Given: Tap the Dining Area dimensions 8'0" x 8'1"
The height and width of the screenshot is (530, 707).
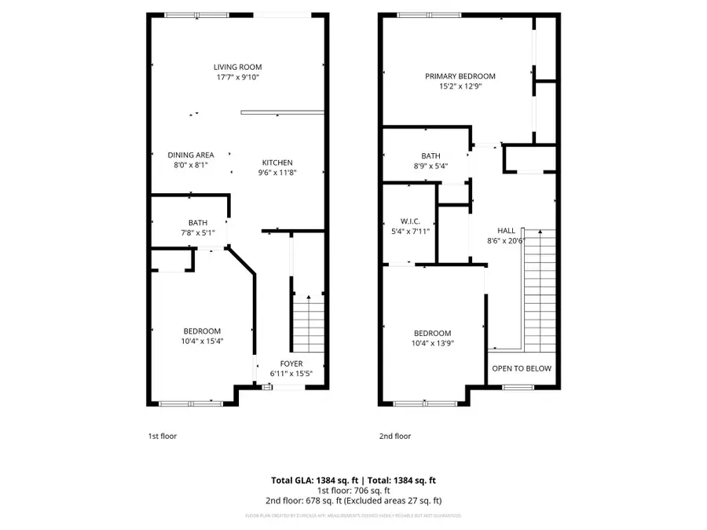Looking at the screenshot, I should point(191,166).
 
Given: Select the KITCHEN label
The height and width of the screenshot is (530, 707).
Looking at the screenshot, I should point(277,163).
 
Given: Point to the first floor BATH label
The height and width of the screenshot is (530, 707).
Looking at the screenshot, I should point(197,222).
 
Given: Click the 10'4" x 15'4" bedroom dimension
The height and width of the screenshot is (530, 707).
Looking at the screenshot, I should point(202,342).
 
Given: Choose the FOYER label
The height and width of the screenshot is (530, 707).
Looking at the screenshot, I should point(291,364).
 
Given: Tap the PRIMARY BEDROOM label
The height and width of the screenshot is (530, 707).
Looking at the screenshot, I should point(460,76).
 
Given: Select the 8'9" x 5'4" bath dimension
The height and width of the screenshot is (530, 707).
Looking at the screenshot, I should point(430,166).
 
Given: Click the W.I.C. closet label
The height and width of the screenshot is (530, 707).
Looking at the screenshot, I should point(411,221).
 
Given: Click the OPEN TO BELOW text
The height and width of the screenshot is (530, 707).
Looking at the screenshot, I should point(522,368).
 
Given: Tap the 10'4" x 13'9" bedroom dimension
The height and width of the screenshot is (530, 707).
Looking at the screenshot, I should point(433,343).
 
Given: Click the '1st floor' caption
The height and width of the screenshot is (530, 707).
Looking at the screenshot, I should point(162,436).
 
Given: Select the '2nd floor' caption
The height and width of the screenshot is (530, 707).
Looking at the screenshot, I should point(395,436).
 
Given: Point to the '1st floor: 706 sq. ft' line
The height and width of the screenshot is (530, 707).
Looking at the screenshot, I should point(353,490).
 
